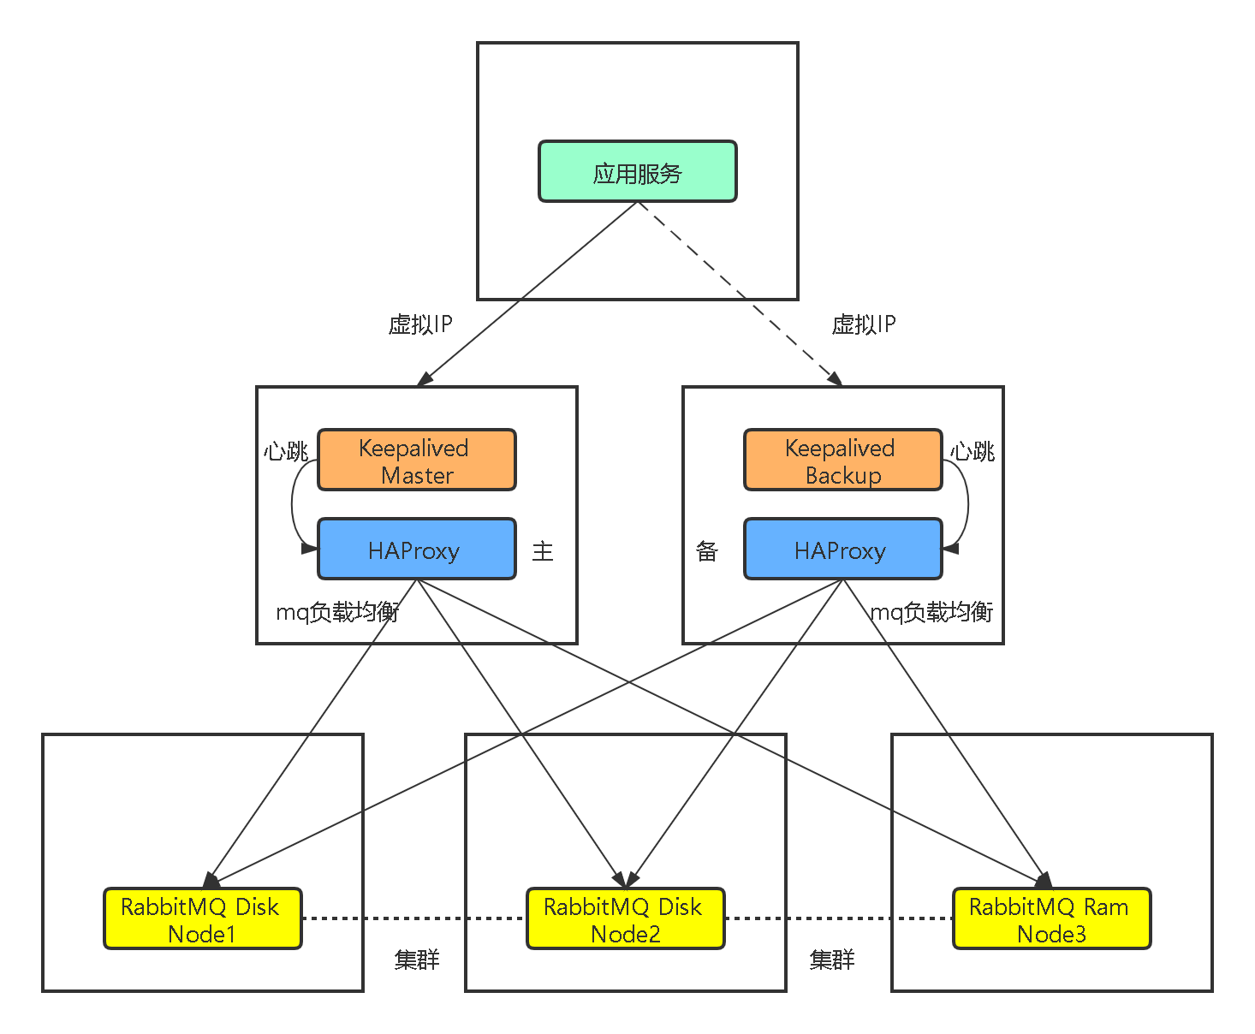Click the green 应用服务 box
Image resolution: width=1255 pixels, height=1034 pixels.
(x=637, y=172)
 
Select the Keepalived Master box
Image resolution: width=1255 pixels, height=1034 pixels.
(x=416, y=461)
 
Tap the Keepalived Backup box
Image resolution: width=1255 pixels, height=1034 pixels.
(x=842, y=461)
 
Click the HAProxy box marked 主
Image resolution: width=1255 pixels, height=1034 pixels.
(x=416, y=550)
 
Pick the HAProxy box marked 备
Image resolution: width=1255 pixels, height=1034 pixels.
(x=842, y=550)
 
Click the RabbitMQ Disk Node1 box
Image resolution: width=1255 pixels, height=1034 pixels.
(x=202, y=919)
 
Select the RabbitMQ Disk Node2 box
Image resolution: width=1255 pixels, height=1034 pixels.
(x=625, y=919)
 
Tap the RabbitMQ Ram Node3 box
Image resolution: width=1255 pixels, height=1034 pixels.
(x=1051, y=919)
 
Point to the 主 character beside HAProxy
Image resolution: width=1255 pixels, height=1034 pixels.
(x=543, y=551)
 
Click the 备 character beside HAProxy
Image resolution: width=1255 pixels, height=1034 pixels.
(x=707, y=551)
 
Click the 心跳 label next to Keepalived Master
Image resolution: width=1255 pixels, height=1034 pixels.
(x=285, y=451)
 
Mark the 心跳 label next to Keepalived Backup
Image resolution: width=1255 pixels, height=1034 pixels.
(x=972, y=451)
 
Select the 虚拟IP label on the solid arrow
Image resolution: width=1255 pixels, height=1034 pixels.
(x=420, y=324)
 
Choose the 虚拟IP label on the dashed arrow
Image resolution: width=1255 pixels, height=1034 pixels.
(x=864, y=324)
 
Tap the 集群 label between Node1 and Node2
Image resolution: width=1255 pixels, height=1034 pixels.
(x=417, y=960)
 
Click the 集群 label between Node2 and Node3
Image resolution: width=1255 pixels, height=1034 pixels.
(x=832, y=960)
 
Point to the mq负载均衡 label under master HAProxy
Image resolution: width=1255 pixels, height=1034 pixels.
(x=337, y=612)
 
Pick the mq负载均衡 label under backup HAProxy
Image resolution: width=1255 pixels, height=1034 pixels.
(x=931, y=612)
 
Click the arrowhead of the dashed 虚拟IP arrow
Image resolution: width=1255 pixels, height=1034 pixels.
(x=835, y=379)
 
